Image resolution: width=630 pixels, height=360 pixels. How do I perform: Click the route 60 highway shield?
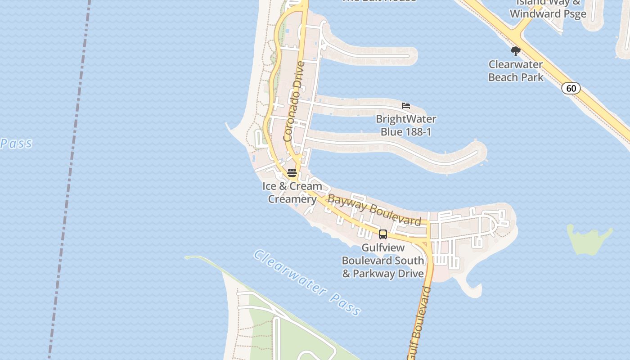571,88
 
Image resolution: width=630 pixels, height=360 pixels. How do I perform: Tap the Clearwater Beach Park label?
515,71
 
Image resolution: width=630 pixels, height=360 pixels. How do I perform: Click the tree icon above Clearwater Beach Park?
516,51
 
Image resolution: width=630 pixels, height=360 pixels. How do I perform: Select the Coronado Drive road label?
294,101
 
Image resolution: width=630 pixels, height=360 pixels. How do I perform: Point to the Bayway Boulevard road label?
374,209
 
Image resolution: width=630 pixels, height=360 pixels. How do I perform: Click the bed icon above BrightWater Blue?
406,106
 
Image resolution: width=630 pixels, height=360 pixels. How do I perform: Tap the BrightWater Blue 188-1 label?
406,126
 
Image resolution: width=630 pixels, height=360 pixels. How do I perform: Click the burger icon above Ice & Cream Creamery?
292,173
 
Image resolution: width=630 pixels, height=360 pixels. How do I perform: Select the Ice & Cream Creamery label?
292,193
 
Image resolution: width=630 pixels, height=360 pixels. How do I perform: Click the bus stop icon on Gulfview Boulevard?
383,234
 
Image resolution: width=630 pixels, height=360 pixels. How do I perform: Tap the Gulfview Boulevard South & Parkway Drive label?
383,261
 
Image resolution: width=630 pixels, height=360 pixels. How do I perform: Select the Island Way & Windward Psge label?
548,8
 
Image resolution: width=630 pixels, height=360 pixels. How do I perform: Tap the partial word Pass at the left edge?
16,144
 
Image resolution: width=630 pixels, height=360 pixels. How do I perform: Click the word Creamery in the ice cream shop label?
292,199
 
